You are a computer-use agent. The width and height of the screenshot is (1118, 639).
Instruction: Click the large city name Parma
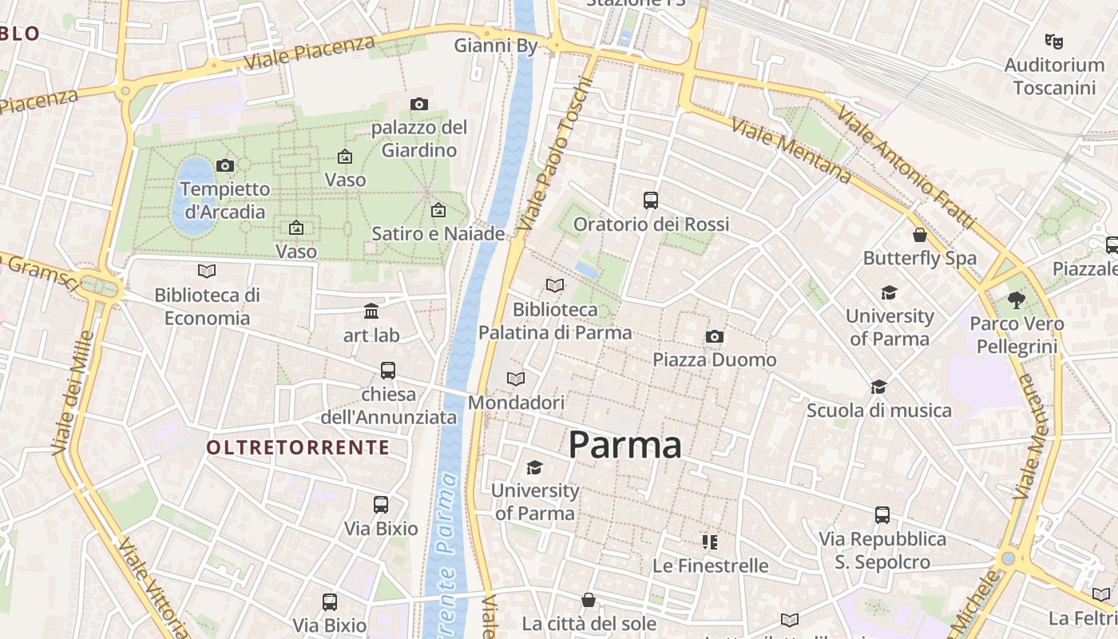[x=624, y=445]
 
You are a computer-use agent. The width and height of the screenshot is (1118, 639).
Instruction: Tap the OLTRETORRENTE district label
[x=298, y=447]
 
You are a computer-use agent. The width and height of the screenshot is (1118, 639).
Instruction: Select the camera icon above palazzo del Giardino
[x=418, y=104]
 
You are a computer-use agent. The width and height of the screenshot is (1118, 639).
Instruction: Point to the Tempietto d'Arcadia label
[x=225, y=200]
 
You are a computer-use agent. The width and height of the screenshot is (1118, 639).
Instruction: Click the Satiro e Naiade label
[x=438, y=233]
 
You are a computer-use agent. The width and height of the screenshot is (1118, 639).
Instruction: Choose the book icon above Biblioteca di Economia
[x=207, y=271]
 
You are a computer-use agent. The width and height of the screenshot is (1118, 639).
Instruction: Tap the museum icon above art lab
[x=371, y=311]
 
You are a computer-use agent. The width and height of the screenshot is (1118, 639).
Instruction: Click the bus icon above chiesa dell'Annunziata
[x=388, y=370]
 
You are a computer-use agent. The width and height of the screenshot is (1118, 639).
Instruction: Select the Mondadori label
[x=516, y=403]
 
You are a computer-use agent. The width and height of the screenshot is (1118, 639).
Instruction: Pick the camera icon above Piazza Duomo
[x=715, y=336]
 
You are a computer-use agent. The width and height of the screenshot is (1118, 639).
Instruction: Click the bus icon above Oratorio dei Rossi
[x=651, y=200]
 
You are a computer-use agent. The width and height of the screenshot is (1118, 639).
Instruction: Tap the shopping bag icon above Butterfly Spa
[x=920, y=235]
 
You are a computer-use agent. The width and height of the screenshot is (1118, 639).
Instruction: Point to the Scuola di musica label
[x=878, y=411]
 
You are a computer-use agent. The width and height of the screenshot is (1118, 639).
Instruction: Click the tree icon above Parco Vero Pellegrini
[x=1017, y=300]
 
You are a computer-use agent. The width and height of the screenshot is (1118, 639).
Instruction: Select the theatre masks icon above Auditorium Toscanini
[x=1054, y=40]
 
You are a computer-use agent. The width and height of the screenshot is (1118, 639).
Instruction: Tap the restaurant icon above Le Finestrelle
[x=710, y=542]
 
